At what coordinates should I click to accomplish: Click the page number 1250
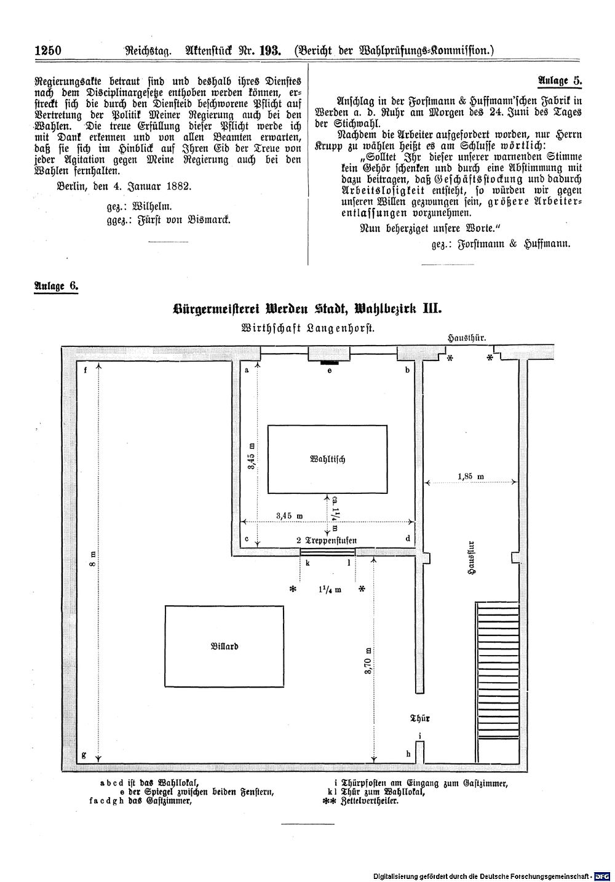point(48,51)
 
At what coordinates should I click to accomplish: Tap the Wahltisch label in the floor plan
point(328,459)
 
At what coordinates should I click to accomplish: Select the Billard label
point(224,646)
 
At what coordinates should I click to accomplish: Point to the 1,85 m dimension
point(470,477)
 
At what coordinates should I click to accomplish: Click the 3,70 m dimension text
point(368,661)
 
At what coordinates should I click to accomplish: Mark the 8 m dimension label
point(92,558)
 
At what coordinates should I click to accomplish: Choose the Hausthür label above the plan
point(467,338)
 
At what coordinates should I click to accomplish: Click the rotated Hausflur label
point(472,558)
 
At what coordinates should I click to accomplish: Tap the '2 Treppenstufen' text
point(327,540)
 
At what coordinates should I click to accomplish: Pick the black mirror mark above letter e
point(329,362)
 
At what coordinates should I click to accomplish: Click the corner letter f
point(85,370)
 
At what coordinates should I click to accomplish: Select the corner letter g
point(84,755)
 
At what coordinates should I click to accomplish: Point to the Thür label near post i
point(419,718)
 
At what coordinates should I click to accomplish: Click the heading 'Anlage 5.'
point(560,81)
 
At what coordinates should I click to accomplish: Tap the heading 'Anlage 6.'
point(57,286)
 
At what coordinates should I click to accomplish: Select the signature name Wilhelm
point(153,206)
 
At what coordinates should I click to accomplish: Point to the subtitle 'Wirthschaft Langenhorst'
point(307,328)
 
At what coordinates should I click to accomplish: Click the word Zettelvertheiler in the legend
point(371,801)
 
